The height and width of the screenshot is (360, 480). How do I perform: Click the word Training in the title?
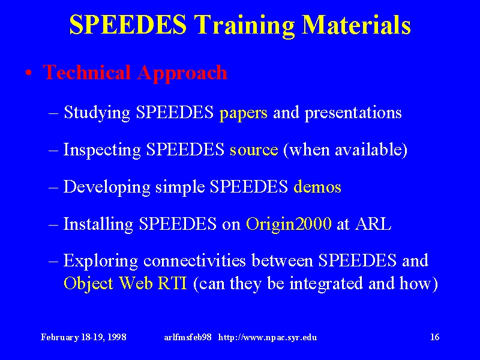pyautogui.click(x=244, y=26)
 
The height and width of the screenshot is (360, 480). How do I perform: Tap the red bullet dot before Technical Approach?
pyautogui.click(x=29, y=73)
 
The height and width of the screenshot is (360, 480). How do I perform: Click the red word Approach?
pyautogui.click(x=182, y=74)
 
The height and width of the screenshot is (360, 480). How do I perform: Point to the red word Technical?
pyautogui.click(x=86, y=72)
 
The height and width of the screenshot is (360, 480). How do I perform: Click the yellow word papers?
pyautogui.click(x=244, y=113)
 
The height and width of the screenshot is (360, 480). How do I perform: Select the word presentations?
pyautogui.click(x=353, y=113)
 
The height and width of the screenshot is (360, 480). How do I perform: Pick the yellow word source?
pyautogui.click(x=254, y=150)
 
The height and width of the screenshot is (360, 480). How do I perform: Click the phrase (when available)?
pyautogui.click(x=346, y=149)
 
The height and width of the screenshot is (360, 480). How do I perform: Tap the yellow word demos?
pyautogui.click(x=317, y=187)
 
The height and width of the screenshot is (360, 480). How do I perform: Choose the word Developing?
pyautogui.click(x=107, y=187)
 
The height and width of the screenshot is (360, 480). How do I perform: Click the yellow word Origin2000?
pyautogui.click(x=289, y=224)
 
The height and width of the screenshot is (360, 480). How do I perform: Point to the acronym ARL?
pyautogui.click(x=373, y=224)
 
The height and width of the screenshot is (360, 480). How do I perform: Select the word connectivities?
pyautogui.click(x=194, y=260)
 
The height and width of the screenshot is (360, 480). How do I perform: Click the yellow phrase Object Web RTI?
pyautogui.click(x=125, y=283)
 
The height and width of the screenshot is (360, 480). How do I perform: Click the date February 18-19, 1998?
pyautogui.click(x=83, y=337)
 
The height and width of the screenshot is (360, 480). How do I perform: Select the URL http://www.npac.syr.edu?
pyautogui.click(x=268, y=338)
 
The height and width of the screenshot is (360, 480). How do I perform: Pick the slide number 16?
pyautogui.click(x=434, y=337)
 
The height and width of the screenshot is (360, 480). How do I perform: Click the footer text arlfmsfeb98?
pyautogui.click(x=188, y=337)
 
